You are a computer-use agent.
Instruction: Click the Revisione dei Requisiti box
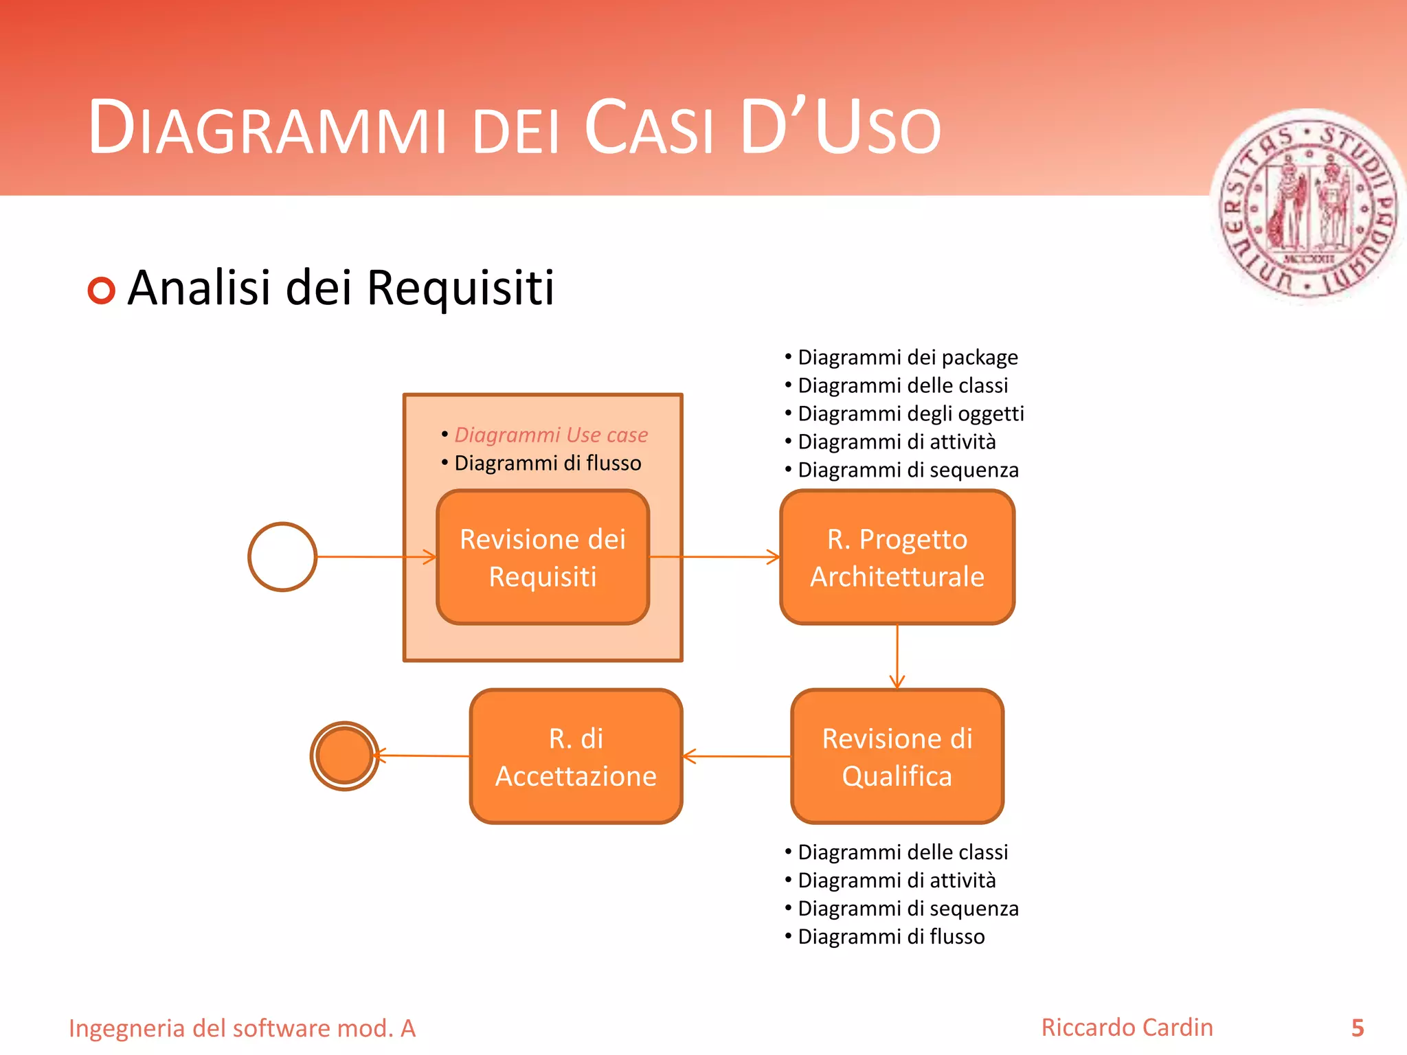click(x=543, y=557)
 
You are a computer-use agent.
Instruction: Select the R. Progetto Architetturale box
click(x=897, y=557)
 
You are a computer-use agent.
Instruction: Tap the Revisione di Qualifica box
click(x=897, y=756)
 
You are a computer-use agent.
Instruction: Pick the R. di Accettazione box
click(x=576, y=756)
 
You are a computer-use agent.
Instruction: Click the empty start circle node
click(x=282, y=556)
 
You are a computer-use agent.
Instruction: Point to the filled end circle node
click(x=344, y=756)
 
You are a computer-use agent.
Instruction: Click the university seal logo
click(x=1309, y=206)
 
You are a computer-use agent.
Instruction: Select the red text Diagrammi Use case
click(x=551, y=435)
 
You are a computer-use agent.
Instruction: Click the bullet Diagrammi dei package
click(x=907, y=357)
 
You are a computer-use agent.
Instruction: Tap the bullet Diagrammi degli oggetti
click(x=910, y=413)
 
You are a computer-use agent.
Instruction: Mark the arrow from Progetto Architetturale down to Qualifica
click(x=897, y=656)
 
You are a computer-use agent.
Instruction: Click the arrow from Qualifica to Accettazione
click(x=736, y=756)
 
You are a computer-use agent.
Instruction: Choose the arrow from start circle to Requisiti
click(x=376, y=556)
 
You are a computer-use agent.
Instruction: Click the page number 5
click(x=1357, y=1028)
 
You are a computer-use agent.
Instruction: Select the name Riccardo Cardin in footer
click(x=1127, y=1028)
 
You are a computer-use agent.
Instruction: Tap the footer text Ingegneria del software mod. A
click(x=242, y=1028)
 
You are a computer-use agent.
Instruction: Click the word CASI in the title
click(x=649, y=128)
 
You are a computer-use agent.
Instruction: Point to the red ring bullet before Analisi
click(x=102, y=291)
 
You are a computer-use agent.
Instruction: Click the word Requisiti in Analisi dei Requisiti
click(x=460, y=288)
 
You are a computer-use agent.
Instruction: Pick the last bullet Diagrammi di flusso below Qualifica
click(x=890, y=937)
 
